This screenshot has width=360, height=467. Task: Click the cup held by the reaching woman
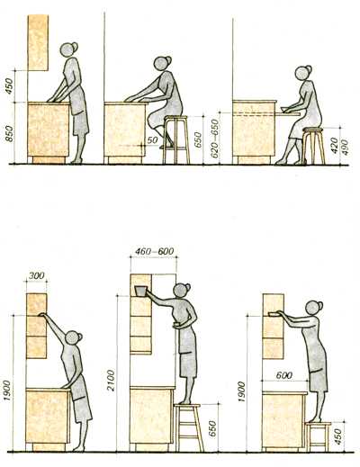141,290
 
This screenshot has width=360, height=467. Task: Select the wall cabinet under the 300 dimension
35,324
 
